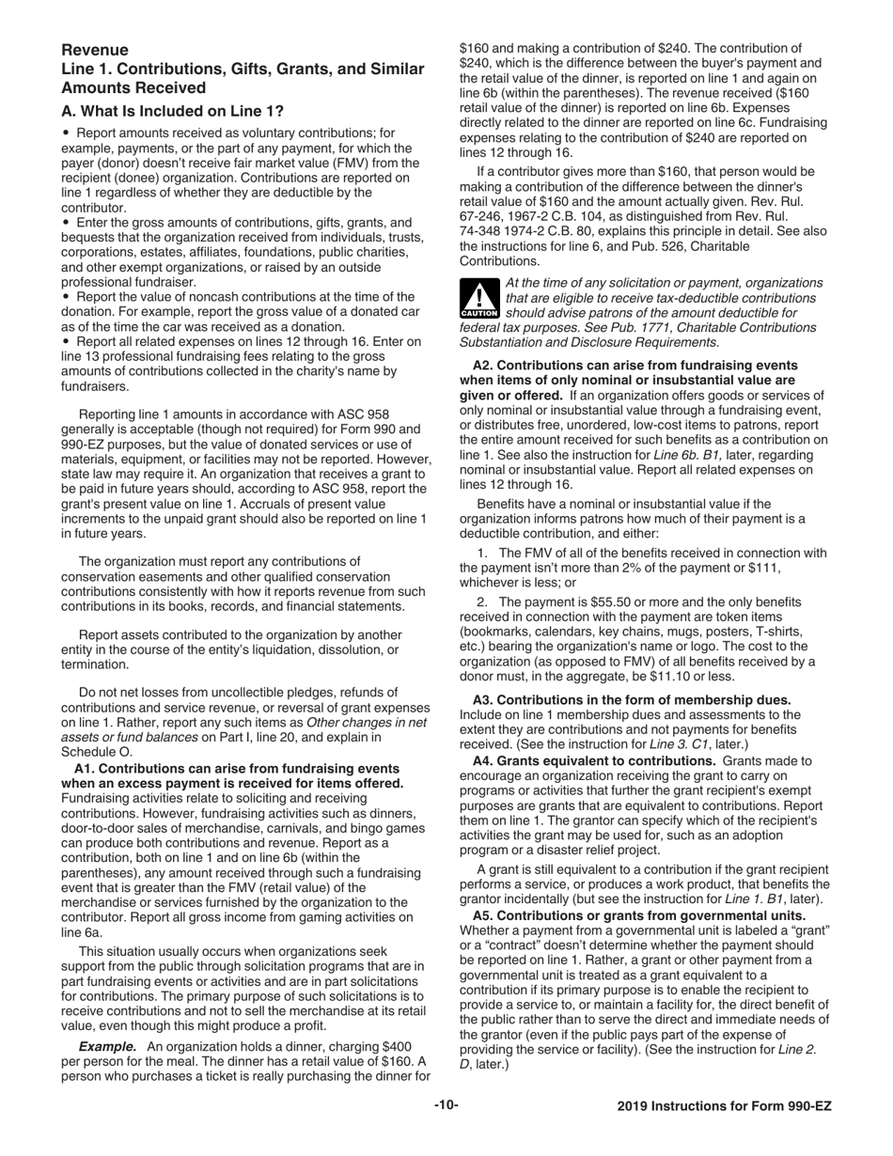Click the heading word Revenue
[95, 50]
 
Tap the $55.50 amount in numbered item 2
[582, 601]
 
